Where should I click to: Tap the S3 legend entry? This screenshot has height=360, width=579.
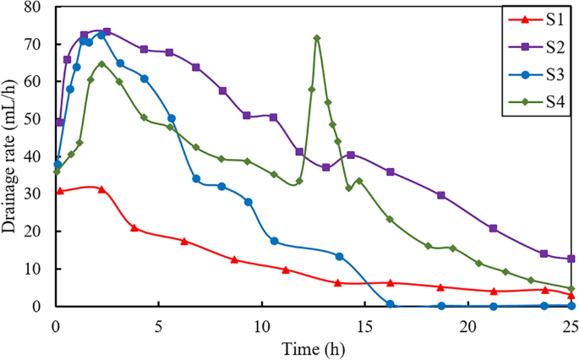(531, 74)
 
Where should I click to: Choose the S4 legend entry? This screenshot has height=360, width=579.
(531, 101)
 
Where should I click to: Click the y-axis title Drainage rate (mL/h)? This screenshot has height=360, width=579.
(13, 155)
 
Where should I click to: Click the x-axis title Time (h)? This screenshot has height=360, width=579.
(313, 347)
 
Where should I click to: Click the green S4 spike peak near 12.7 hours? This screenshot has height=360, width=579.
(317, 38)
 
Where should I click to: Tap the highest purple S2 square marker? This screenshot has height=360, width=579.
(107, 32)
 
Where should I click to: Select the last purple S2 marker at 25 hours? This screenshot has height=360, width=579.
(571, 259)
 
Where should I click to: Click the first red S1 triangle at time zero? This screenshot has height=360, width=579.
(59, 191)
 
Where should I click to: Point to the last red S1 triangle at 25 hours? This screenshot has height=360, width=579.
(571, 294)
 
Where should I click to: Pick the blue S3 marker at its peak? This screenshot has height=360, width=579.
(101, 35)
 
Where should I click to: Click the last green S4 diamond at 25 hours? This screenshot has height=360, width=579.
(571, 288)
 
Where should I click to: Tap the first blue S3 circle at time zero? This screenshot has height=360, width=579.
(57, 165)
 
